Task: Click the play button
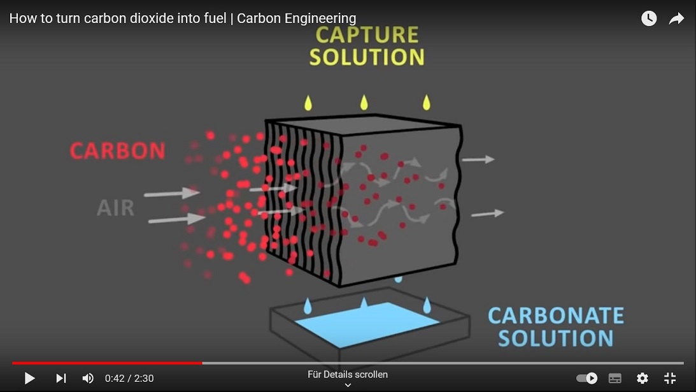pyautogui.click(x=30, y=378)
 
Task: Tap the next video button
pyautogui.click(x=60, y=378)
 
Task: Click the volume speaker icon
pyautogui.click(x=88, y=378)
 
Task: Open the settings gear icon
pyautogui.click(x=643, y=378)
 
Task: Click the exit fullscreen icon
pyautogui.click(x=670, y=378)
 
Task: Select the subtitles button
pyautogui.click(x=614, y=378)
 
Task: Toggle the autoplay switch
pyautogui.click(x=587, y=378)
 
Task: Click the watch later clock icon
pyautogui.click(x=649, y=18)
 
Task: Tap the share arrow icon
pyautogui.click(x=676, y=18)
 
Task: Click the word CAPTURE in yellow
pyautogui.click(x=367, y=35)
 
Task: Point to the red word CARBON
pyautogui.click(x=118, y=150)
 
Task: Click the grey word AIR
pyautogui.click(x=115, y=208)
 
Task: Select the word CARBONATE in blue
pyautogui.click(x=556, y=316)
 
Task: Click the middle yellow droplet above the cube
pyautogui.click(x=364, y=103)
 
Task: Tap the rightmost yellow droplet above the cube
pyautogui.click(x=427, y=103)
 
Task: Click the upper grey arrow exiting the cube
pyautogui.click(x=478, y=159)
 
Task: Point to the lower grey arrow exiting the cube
pyautogui.click(x=487, y=214)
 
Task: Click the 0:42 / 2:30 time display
pyautogui.click(x=129, y=378)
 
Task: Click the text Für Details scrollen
pyautogui.click(x=348, y=375)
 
